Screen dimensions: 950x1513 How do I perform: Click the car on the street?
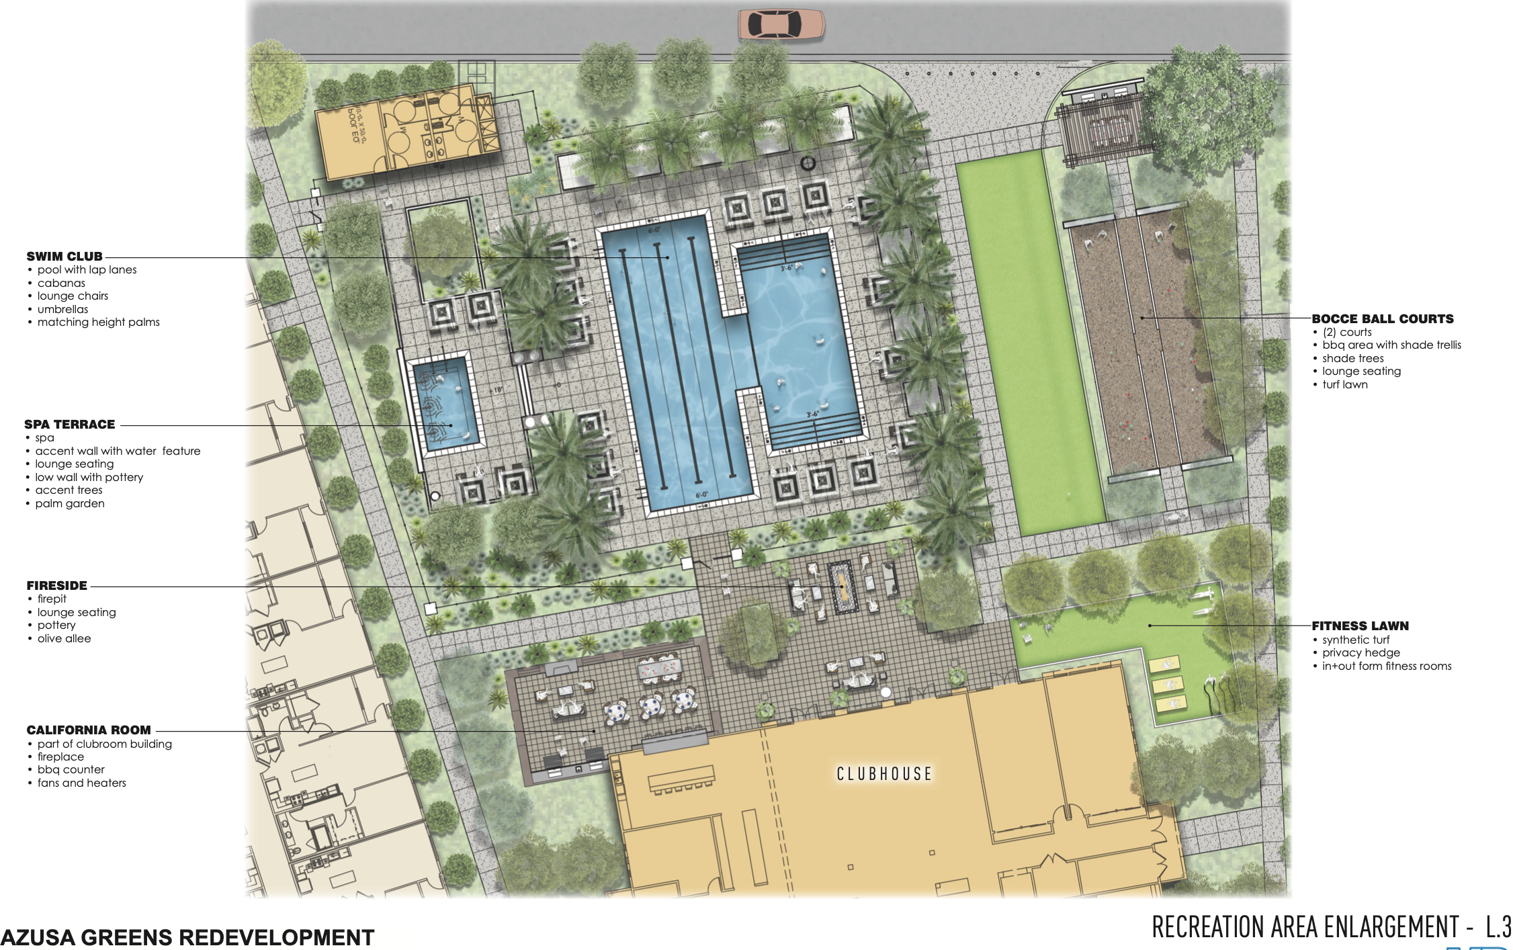(x=781, y=25)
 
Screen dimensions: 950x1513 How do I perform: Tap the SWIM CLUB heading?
(x=64, y=257)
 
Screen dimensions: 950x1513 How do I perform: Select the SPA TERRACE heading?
(x=69, y=425)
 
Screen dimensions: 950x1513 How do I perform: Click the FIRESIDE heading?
(x=57, y=586)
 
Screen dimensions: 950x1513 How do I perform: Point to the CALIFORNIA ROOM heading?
(x=89, y=730)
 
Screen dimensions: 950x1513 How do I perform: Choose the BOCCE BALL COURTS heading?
(x=1382, y=319)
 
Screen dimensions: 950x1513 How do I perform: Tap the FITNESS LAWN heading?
(x=1360, y=626)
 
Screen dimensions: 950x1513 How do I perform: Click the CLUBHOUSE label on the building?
(x=883, y=774)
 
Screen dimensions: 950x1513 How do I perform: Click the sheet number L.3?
(x=1498, y=927)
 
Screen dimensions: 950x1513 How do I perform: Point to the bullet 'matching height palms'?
(x=98, y=322)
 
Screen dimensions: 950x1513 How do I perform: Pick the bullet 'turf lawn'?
(x=1344, y=385)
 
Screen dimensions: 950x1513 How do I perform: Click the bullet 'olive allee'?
(x=64, y=639)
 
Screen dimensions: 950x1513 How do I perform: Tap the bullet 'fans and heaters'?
(x=81, y=783)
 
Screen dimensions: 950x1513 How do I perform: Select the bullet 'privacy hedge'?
(x=1360, y=653)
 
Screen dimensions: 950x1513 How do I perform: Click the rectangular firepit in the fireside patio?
(x=840, y=587)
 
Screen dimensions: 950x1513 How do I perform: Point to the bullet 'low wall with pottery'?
(x=89, y=478)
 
